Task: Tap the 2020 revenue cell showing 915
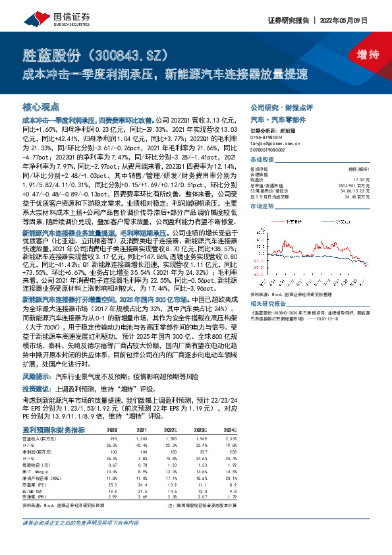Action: click(x=113, y=438)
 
